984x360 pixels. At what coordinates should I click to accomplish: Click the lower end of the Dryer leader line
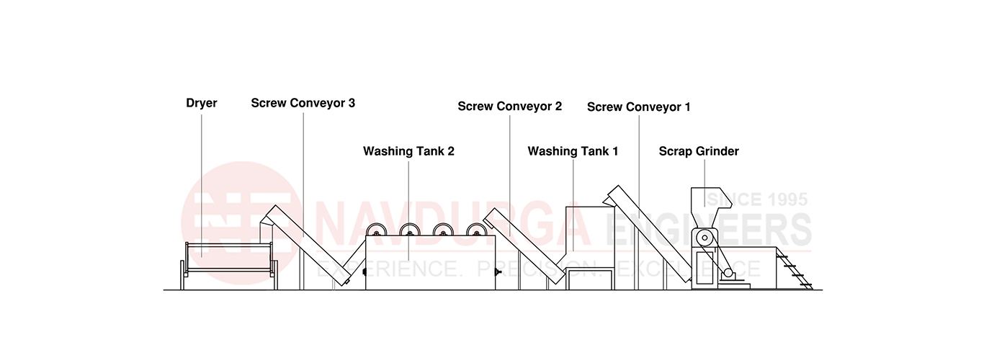(202, 257)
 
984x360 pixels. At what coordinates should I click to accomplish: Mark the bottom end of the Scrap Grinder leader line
(705, 207)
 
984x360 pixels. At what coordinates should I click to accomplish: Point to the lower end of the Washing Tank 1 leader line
(573, 251)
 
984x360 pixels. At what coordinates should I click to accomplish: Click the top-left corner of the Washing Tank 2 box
(366, 235)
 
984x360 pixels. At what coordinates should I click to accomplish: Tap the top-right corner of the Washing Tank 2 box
(495, 235)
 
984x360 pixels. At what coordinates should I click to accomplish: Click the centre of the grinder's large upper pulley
(705, 238)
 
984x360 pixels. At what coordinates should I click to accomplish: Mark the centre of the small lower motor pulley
(728, 273)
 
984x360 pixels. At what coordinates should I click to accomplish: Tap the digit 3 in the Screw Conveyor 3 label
(352, 103)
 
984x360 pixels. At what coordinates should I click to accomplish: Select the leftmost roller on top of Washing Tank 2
(377, 230)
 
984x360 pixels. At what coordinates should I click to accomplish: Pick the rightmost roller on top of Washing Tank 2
(477, 230)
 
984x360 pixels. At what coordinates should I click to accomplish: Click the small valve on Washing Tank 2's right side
(498, 273)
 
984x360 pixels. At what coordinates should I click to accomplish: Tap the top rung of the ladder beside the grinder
(782, 256)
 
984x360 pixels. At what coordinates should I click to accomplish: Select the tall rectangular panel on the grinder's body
(705, 268)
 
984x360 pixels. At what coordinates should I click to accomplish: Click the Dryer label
(202, 103)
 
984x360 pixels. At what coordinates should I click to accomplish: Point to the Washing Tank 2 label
(408, 151)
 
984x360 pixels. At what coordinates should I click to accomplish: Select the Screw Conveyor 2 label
(509, 107)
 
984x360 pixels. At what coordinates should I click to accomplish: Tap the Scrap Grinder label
(699, 151)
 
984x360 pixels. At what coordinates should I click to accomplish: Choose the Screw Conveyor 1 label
(639, 107)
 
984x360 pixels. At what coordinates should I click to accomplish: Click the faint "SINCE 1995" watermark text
(757, 199)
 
